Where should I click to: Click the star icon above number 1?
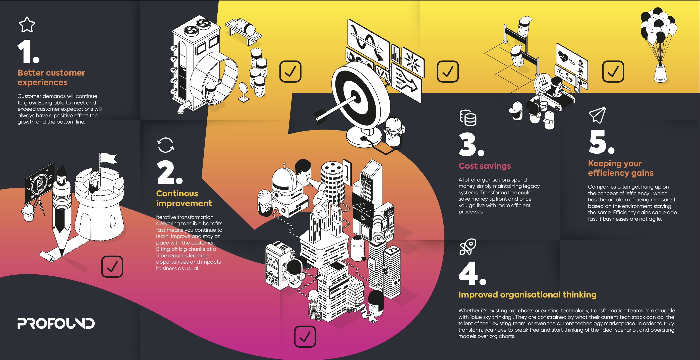coord(27,24)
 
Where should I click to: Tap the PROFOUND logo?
coord(56,323)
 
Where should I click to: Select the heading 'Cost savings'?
coord(485,166)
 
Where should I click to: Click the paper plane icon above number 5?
coord(597,115)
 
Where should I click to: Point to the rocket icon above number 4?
coord(468,247)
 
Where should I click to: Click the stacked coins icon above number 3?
coord(468,118)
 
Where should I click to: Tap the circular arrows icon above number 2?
coord(165,145)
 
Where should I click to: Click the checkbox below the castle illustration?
coord(112,267)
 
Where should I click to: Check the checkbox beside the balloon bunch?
coord(613,72)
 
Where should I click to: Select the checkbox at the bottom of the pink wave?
coord(305,337)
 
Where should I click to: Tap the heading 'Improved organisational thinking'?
coord(528,295)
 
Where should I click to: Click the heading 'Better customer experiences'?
coord(51,77)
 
